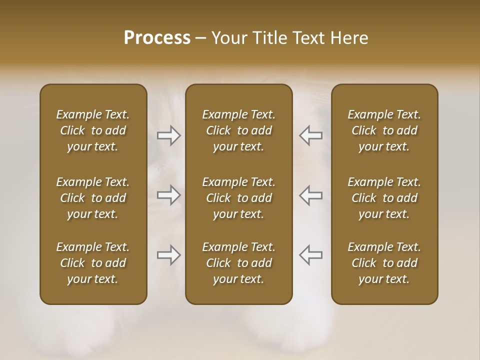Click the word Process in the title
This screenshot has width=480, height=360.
(x=157, y=38)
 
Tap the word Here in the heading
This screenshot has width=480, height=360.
(x=349, y=38)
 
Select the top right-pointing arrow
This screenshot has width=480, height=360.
(x=168, y=135)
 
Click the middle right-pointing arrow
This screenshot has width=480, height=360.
(x=168, y=195)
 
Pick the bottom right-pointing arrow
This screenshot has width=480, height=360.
(x=168, y=255)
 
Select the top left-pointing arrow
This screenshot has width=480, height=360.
(x=311, y=135)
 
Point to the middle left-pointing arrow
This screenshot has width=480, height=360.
(x=311, y=195)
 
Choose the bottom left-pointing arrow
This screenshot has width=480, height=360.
(x=311, y=255)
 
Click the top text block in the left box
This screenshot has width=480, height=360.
(x=93, y=130)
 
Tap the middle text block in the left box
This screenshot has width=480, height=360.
(x=93, y=198)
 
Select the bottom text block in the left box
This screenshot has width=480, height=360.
(x=93, y=263)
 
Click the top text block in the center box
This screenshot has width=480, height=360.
(x=239, y=130)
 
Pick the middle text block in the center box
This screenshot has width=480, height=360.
(x=239, y=198)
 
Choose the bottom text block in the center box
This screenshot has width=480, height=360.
(x=239, y=263)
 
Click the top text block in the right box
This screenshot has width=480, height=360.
(x=384, y=130)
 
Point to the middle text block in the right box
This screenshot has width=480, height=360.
(x=384, y=198)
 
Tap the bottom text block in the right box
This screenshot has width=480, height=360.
(x=384, y=263)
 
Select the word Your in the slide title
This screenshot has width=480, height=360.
(x=228, y=38)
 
